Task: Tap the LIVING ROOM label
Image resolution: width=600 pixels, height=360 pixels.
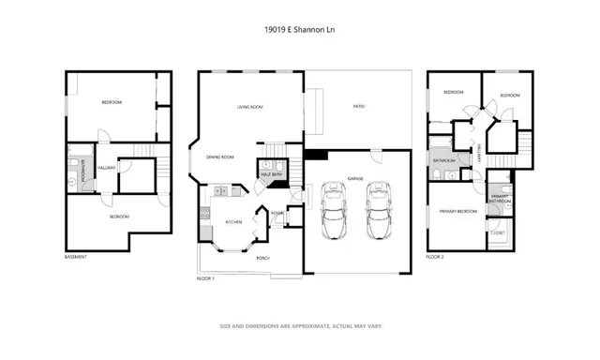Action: click(x=248, y=107)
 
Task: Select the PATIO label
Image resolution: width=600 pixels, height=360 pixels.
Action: click(x=358, y=107)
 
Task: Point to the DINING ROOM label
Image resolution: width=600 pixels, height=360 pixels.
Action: click(x=220, y=157)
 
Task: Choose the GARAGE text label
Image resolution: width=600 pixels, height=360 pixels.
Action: click(x=355, y=178)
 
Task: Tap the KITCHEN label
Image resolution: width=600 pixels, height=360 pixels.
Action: click(x=233, y=222)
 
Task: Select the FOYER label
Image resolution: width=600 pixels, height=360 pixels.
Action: click(x=277, y=213)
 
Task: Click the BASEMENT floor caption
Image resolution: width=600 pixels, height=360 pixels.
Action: click(x=77, y=257)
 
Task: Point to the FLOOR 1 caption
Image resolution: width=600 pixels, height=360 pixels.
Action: click(x=206, y=278)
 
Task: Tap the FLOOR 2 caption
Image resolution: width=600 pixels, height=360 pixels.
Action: click(x=436, y=257)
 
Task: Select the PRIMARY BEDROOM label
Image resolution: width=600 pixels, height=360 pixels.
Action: click(x=458, y=212)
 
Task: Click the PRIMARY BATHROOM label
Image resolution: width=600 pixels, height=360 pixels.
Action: click(x=499, y=199)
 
